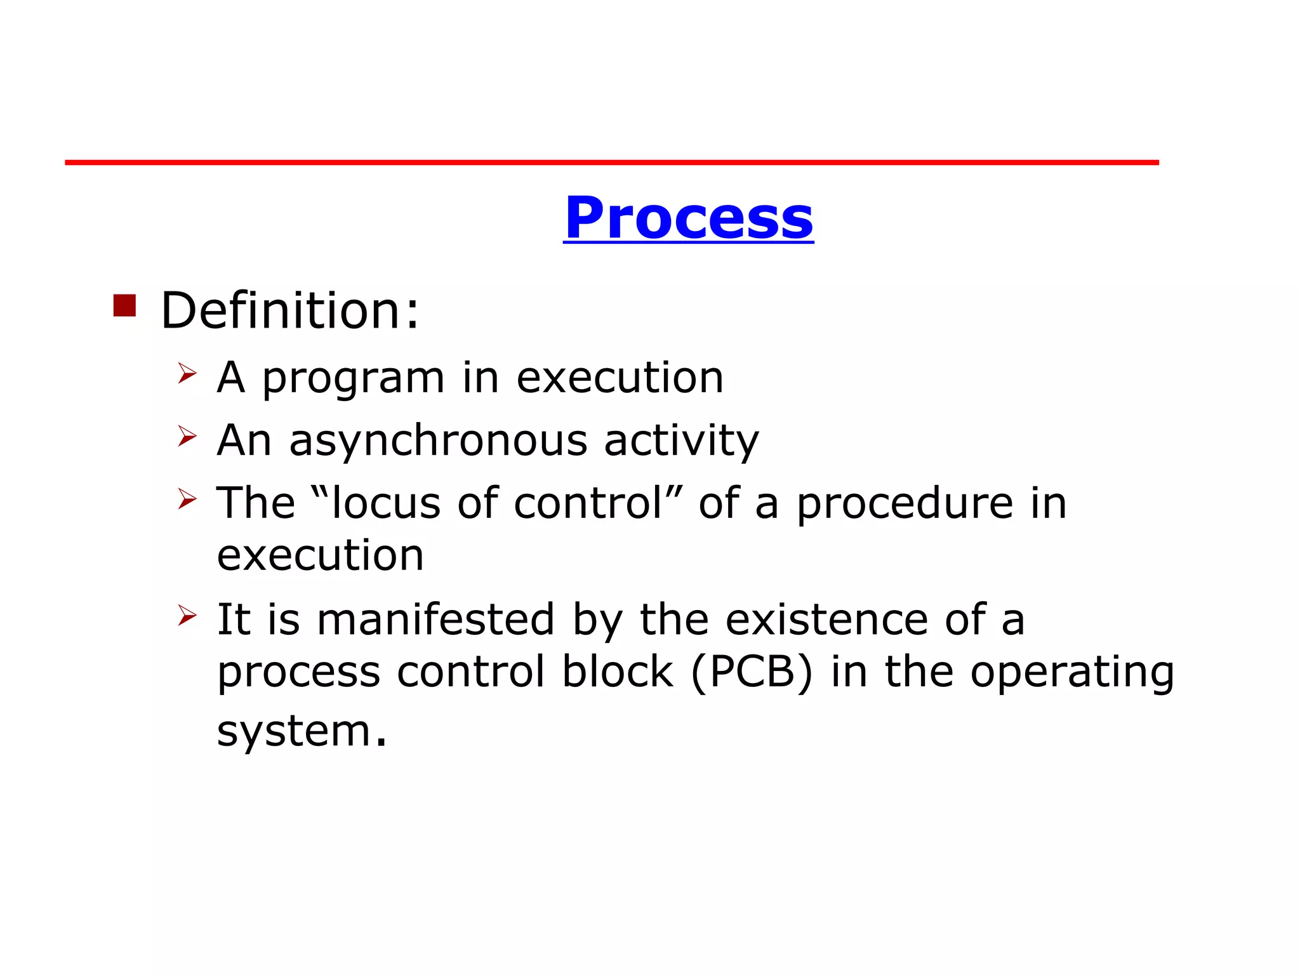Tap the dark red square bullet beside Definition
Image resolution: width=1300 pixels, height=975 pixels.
tap(124, 305)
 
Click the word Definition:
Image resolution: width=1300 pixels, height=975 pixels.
tap(290, 310)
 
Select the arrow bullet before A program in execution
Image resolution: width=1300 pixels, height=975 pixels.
tap(187, 373)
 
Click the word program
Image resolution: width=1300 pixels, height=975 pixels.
tap(353, 379)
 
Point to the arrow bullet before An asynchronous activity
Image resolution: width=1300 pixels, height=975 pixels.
tap(187, 435)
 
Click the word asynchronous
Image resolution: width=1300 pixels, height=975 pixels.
tap(438, 441)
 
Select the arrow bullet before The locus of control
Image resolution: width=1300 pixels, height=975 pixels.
tap(187, 498)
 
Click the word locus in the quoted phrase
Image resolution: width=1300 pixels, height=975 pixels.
tap(385, 503)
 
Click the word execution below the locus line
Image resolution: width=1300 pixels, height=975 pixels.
tap(320, 555)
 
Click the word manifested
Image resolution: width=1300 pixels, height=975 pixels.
tap(435, 620)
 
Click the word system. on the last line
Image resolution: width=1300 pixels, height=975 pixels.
tap(302, 731)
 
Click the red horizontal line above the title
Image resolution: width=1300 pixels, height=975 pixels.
tap(611, 162)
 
